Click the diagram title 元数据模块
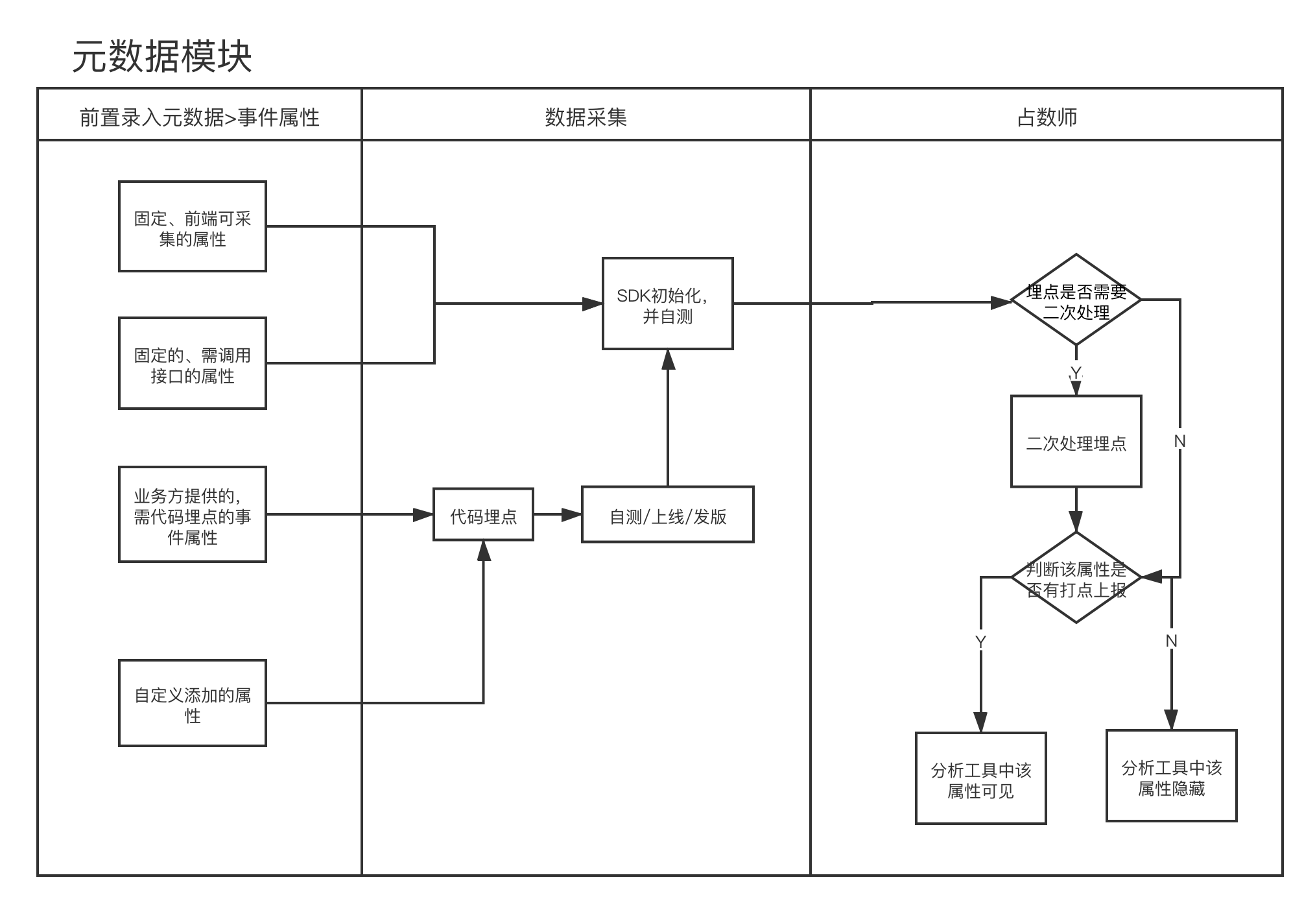(162, 57)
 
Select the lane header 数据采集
(586, 117)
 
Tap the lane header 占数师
(1047, 117)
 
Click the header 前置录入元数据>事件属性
(199, 117)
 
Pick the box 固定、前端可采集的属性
(193, 226)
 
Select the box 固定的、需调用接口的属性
(193, 363)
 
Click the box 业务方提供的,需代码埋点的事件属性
(193, 514)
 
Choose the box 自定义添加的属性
(193, 704)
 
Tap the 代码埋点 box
(484, 515)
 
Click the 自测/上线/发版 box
(668, 515)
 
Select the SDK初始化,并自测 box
(668, 304)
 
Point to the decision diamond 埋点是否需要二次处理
(1076, 300)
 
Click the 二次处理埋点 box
(1076, 442)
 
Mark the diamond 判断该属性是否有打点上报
(1076, 578)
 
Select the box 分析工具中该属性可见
(981, 779)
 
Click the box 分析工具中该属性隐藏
(1172, 776)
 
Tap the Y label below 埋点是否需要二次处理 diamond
(1076, 373)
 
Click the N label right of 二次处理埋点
(1180, 441)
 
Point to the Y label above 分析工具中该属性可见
(980, 641)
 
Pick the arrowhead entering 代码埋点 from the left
(424, 515)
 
